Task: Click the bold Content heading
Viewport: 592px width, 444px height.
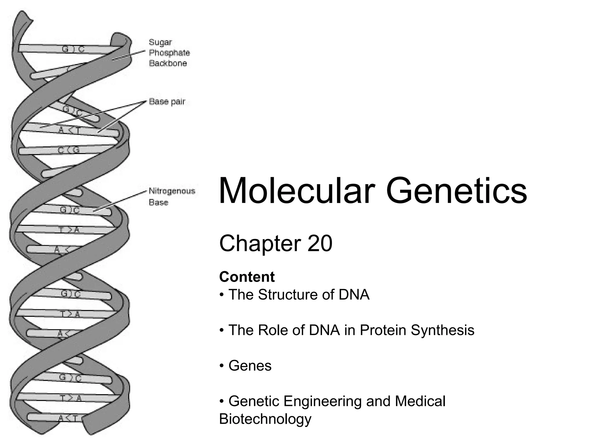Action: coord(247,277)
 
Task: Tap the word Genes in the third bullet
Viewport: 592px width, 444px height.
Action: coord(250,366)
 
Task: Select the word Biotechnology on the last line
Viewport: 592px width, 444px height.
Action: coord(265,419)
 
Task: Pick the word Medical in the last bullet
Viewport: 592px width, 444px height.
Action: coord(420,401)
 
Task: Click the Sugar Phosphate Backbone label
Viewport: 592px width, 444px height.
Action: coord(169,53)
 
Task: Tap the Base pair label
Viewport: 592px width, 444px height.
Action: coord(167,102)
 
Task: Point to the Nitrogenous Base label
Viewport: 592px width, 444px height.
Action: coord(172,197)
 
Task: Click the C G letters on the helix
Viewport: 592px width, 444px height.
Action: coord(69,150)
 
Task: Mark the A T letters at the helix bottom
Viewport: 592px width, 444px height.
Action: coord(68,418)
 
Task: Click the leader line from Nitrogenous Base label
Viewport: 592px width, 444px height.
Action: coord(121,201)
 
